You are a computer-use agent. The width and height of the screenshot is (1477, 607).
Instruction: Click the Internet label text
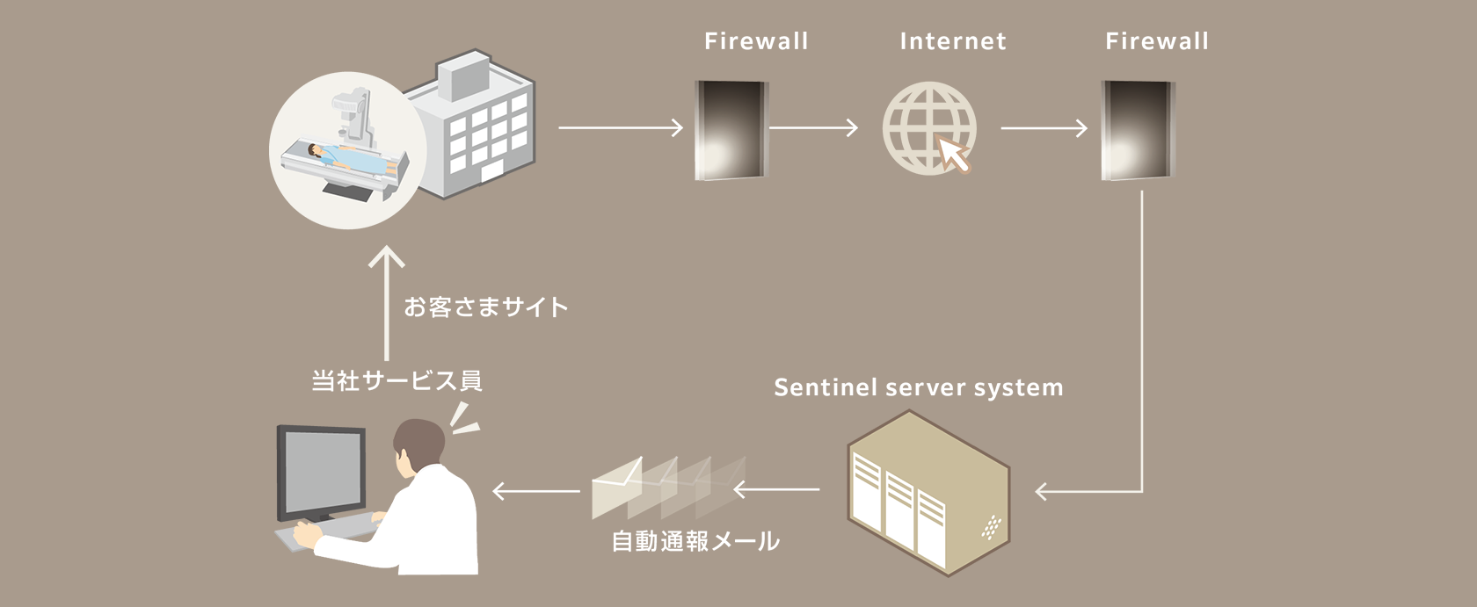click(x=953, y=41)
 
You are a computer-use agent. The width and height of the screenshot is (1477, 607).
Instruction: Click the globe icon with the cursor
click(x=928, y=127)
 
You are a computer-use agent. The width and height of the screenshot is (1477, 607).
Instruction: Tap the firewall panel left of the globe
click(x=731, y=130)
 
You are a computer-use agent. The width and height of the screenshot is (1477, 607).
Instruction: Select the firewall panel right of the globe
click(x=1138, y=130)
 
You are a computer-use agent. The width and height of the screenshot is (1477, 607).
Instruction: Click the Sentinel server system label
click(x=918, y=387)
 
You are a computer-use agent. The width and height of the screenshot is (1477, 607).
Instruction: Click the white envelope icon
click(x=617, y=488)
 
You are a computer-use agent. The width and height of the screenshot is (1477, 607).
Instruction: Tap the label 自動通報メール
click(x=695, y=541)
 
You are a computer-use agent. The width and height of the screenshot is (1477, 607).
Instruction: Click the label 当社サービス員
click(x=397, y=380)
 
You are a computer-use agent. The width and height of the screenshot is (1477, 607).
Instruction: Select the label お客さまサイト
click(x=486, y=307)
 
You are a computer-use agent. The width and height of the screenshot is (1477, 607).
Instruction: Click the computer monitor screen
click(x=320, y=473)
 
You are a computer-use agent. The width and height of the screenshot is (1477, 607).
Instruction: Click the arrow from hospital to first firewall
click(x=620, y=128)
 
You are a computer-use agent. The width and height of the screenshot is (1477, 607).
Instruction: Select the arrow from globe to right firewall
click(x=1044, y=129)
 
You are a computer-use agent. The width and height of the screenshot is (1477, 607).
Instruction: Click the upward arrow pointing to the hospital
click(x=387, y=303)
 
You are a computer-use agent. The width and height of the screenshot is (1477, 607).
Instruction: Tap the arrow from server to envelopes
click(x=776, y=489)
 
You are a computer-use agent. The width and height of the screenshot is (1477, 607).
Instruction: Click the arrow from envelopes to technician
click(x=535, y=490)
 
